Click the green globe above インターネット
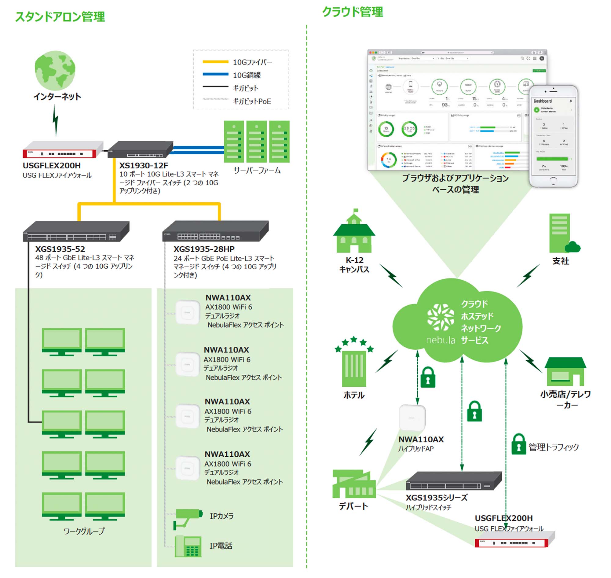point(55,70)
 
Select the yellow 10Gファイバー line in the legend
point(215,62)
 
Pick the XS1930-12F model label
point(144,165)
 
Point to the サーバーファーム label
point(257,170)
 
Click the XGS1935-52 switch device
point(76,231)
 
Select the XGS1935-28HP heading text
point(204,249)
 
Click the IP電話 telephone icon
point(188,546)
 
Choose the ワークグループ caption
point(84,531)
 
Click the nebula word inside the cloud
point(441,340)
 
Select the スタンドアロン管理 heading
point(60,17)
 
